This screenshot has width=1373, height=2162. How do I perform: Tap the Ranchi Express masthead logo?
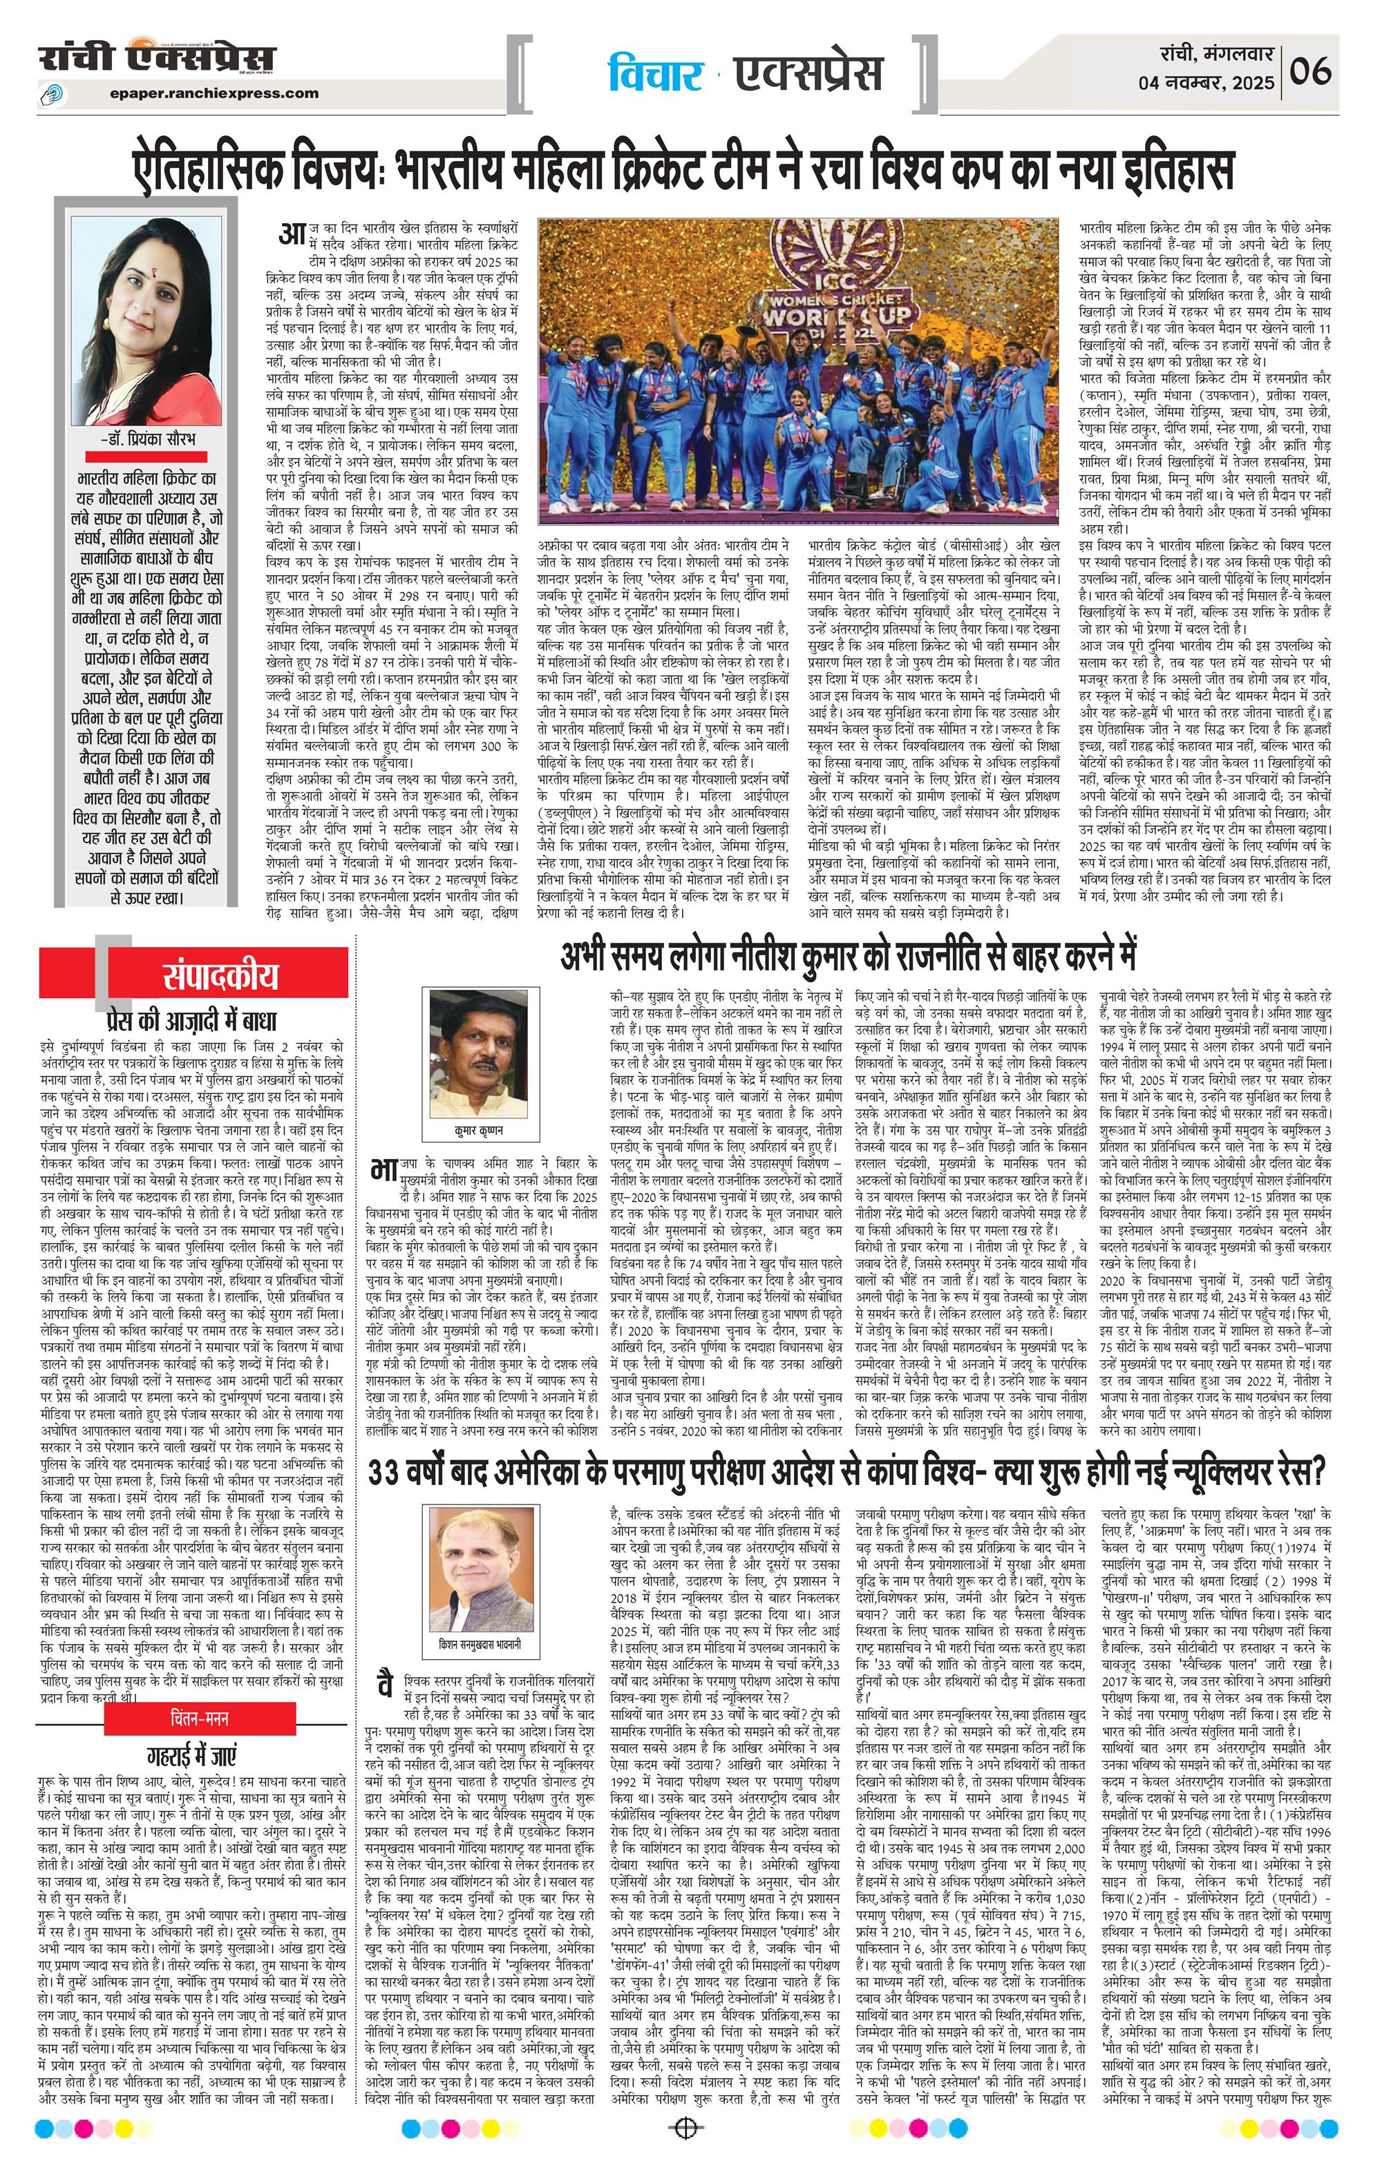pyautogui.click(x=157, y=59)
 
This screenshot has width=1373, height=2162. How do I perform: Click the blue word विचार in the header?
pyautogui.click(x=654, y=75)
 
